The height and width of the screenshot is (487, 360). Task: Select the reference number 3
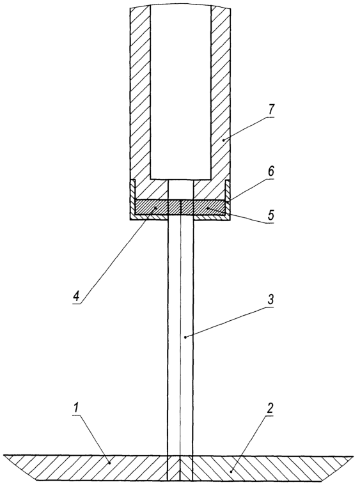point(270,300)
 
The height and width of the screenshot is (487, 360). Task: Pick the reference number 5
point(271,215)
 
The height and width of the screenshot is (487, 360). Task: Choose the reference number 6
point(271,172)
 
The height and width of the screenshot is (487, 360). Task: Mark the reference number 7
point(271,111)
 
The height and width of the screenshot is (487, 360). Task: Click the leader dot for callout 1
point(109,463)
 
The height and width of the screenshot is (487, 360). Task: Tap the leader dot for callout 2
point(231,472)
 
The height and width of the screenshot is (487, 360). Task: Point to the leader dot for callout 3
point(185,337)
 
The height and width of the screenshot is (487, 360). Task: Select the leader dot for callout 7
point(224,141)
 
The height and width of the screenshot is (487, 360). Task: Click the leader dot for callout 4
point(156,208)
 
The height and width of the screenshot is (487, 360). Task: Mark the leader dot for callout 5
point(207,208)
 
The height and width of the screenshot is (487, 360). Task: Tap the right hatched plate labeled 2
point(267,468)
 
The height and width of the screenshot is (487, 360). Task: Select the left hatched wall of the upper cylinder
point(140,93)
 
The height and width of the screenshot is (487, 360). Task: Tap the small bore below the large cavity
point(180,189)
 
